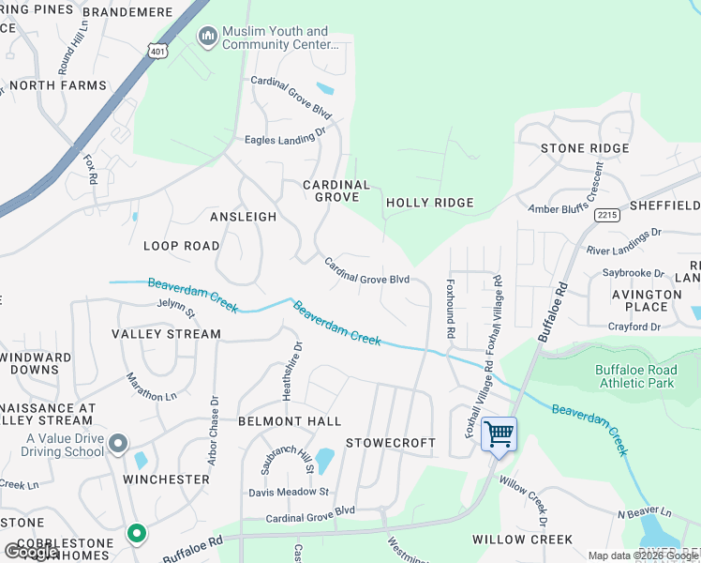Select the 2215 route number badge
(606, 215)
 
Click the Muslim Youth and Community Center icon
(207, 37)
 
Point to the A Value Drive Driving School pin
(117, 442)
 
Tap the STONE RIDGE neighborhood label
(585, 148)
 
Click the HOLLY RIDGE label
(430, 203)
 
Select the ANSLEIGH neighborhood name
(244, 217)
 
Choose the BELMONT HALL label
(289, 421)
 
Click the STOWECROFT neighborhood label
(391, 442)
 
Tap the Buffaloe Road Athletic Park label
(635, 376)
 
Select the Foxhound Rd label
(451, 309)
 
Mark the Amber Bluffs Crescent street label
(568, 192)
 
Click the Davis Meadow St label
(289, 492)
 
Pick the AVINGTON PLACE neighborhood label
(647, 300)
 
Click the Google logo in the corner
(31, 552)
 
